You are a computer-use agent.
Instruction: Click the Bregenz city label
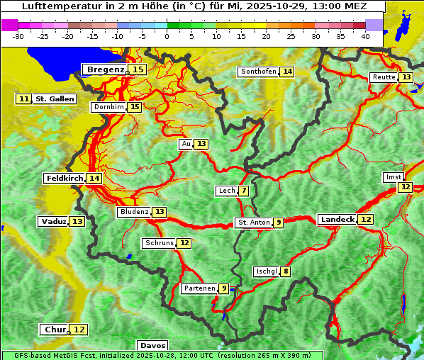pyautogui.click(x=105, y=69)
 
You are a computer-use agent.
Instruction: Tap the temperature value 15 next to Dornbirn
pyautogui.click(x=134, y=107)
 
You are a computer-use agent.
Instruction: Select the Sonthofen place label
pyautogui.click(x=258, y=72)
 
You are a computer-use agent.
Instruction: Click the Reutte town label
pyautogui.click(x=384, y=77)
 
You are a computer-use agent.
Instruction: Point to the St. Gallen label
pyautogui.click(x=55, y=99)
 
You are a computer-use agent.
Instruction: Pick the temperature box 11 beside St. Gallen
pyautogui.click(x=24, y=99)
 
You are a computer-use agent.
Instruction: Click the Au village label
pyautogui.click(x=186, y=144)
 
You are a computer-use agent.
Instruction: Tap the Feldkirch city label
pyautogui.click(x=64, y=179)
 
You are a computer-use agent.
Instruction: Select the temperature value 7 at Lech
pyautogui.click(x=244, y=191)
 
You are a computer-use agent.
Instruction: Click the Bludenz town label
pyautogui.click(x=134, y=212)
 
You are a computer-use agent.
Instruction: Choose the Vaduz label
pyautogui.click(x=53, y=222)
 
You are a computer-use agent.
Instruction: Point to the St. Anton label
pyautogui.click(x=254, y=223)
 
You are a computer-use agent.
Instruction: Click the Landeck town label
pyautogui.click(x=337, y=220)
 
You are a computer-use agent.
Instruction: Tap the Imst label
pyautogui.click(x=392, y=176)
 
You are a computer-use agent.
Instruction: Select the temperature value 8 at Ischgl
pyautogui.click(x=285, y=271)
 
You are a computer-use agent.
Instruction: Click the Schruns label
pyautogui.click(x=159, y=243)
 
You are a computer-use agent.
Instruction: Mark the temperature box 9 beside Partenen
pyautogui.click(x=223, y=288)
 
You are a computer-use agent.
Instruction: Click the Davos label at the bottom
pyautogui.click(x=152, y=345)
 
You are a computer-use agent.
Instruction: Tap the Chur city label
pyautogui.click(x=55, y=330)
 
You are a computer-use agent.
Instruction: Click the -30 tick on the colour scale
pyautogui.click(x=18, y=36)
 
